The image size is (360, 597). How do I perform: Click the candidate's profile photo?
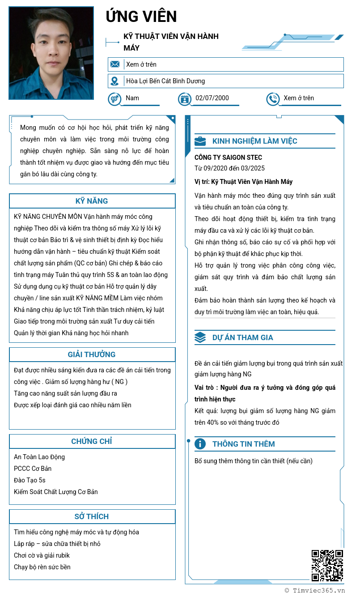click(51, 53)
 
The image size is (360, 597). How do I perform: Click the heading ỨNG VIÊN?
click(141, 17)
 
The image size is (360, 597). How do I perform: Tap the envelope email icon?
click(115, 64)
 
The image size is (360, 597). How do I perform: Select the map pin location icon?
click(115, 81)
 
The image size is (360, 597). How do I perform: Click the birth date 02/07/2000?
click(212, 98)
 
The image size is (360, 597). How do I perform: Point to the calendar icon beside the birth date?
click(184, 99)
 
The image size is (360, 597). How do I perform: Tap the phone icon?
click(272, 99)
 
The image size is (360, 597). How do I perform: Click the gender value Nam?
click(132, 98)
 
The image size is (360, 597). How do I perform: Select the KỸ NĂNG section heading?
click(92, 201)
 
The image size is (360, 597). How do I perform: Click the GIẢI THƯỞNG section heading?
click(92, 354)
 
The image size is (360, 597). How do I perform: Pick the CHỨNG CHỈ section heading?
click(92, 441)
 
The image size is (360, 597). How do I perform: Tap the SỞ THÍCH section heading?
click(92, 516)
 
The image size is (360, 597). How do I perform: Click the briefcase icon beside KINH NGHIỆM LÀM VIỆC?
click(200, 141)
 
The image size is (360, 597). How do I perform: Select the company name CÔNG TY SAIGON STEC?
click(228, 158)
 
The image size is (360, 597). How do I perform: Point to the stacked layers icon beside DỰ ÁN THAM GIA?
click(200, 337)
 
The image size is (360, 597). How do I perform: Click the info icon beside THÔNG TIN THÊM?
click(200, 444)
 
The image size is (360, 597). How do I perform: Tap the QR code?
click(327, 566)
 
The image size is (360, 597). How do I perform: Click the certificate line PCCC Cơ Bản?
click(33, 469)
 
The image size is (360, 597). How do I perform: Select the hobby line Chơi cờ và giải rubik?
click(42, 555)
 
